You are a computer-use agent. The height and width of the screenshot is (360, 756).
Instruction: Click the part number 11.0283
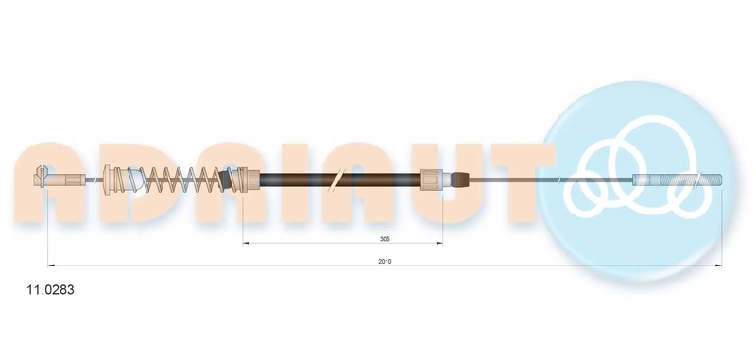click(x=50, y=290)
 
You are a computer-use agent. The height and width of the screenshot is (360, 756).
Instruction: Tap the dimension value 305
click(x=385, y=238)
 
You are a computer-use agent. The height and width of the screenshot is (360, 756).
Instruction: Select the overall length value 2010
click(x=385, y=261)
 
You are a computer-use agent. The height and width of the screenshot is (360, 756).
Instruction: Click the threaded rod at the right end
click(x=677, y=180)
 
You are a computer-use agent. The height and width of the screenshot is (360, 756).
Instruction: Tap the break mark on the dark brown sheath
click(x=336, y=180)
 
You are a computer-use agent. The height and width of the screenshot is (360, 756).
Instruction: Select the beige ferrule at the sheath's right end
click(x=432, y=180)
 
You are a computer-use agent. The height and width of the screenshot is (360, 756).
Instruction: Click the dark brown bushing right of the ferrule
click(x=460, y=180)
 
